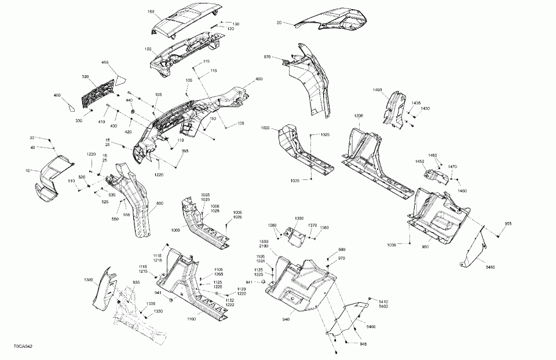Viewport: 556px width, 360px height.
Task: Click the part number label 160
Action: [x=134, y=12]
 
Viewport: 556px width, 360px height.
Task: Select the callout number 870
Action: [x=267, y=57]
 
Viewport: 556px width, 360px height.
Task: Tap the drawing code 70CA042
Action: [x=23, y=346]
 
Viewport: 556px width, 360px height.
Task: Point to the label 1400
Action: [x=378, y=90]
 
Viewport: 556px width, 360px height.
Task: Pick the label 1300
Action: [x=88, y=280]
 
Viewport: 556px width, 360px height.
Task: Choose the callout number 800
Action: [x=160, y=203]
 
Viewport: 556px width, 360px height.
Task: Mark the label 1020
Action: [x=266, y=127]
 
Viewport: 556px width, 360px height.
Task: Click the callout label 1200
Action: [x=359, y=116]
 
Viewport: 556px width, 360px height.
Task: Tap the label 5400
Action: [x=371, y=327]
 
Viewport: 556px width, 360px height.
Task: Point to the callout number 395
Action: [x=185, y=152]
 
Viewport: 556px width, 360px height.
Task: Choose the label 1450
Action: [x=419, y=162]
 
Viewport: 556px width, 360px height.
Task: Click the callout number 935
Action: [x=137, y=282]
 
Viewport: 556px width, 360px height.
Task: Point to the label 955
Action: [x=507, y=224]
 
